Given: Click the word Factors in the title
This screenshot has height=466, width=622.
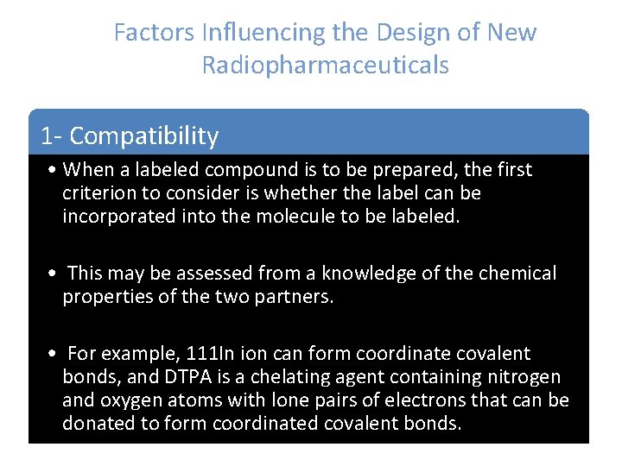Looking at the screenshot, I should point(154,33).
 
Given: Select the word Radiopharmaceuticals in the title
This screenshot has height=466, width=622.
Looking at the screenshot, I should point(326,65).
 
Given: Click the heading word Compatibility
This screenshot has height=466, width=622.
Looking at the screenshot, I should point(143,135).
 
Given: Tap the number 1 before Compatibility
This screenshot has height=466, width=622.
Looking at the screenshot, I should point(47,135).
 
